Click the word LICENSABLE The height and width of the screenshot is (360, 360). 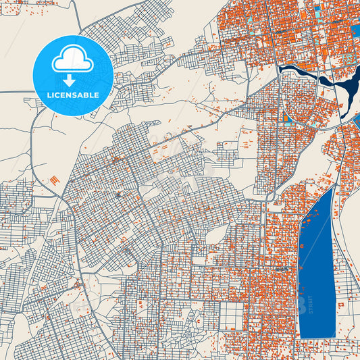click(73, 95)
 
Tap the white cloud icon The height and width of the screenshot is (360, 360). click(73, 61)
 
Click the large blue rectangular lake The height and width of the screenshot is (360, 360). click(316, 270)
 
